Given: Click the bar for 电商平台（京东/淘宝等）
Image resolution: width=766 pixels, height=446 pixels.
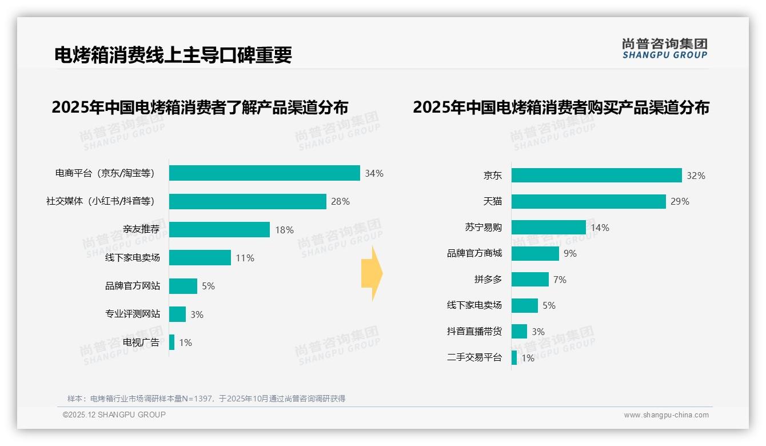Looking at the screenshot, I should pos(264,173).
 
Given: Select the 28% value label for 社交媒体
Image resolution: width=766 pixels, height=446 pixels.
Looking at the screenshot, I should pos(340,201).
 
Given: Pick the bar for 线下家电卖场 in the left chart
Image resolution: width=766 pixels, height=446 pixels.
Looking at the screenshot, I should pos(200,258).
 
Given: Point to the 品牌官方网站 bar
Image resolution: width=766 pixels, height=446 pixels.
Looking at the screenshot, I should pos(183,286).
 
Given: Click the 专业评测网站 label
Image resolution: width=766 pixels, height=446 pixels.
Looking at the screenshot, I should pos(132,314).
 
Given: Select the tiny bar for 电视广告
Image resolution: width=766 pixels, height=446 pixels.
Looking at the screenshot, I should pos(171,343).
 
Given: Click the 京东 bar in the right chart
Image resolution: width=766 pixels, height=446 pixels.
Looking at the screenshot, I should pos(596,176).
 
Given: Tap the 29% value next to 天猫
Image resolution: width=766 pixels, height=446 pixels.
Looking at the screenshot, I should pos(680,201).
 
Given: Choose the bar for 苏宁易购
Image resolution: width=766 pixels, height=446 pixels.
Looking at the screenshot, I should pos(548,228).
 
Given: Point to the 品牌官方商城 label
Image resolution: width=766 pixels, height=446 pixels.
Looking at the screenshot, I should pos(474,253).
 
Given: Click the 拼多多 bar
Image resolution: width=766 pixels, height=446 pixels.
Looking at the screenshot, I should pos(530,280).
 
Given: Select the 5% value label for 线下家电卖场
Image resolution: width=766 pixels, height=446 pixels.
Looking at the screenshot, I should pos(549,305).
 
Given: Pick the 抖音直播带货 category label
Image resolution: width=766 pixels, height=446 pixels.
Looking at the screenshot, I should pos(474,332).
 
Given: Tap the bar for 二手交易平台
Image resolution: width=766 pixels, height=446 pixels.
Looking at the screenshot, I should pos(514,358).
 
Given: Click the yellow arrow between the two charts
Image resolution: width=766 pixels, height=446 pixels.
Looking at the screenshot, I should pos(372,274).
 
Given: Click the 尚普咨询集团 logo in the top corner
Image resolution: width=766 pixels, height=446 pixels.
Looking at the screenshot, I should pos(664,48).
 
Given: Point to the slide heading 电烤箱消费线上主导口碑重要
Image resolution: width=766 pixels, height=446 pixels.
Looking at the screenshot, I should pos(173,54).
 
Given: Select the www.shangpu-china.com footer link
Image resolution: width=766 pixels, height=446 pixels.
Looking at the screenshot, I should pos(666,415).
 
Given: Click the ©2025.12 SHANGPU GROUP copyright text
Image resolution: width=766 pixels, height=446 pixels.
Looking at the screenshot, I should pos(114,415).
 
